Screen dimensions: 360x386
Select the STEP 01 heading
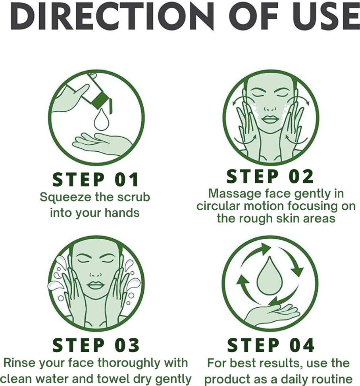click(x=96, y=179)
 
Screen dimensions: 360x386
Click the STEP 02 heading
click(x=270, y=176)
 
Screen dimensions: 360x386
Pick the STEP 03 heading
click(x=96, y=345)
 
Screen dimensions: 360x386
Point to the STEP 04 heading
click(x=271, y=345)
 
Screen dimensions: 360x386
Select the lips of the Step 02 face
click(x=270, y=120)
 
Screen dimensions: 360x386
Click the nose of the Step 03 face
click(x=96, y=274)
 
